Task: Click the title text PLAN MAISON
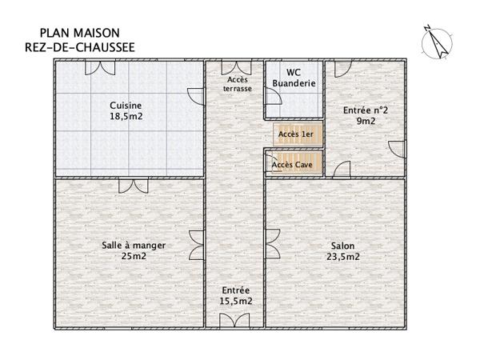79,33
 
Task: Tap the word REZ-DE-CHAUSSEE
79,47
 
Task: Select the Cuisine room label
126,104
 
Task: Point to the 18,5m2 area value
126,116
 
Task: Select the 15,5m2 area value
237,301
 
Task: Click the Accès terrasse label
238,84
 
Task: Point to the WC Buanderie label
294,78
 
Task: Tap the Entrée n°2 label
366,110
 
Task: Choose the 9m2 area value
366,122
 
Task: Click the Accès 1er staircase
298,134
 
